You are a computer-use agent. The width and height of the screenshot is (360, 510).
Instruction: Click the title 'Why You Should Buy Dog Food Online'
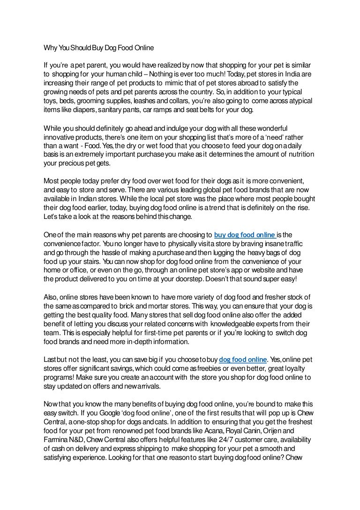[98, 48]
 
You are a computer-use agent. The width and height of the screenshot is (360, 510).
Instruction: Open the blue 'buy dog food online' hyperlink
[244, 234]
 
